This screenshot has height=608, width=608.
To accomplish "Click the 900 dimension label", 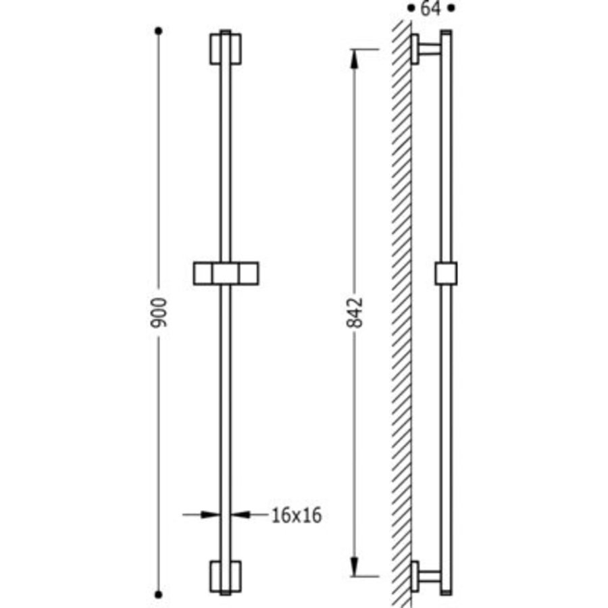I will [x=159, y=311].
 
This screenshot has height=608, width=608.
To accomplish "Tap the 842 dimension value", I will [x=356, y=312].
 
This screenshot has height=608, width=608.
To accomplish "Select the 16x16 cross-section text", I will [x=296, y=515].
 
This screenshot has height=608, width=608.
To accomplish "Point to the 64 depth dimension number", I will [x=430, y=8].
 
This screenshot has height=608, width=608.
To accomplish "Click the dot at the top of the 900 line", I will [x=159, y=30].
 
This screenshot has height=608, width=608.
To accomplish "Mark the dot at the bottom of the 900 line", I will [x=159, y=594].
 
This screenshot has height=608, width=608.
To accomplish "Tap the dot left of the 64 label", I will [x=411, y=8].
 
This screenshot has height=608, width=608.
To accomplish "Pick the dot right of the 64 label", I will [x=452, y=8].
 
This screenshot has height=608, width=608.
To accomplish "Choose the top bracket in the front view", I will [x=226, y=49].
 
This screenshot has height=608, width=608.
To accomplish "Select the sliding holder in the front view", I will [x=226, y=273].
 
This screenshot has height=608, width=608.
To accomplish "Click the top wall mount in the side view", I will [x=424, y=49].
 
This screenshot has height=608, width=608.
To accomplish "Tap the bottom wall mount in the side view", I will [x=424, y=576].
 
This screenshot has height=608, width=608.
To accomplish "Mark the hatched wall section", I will [x=402, y=311].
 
